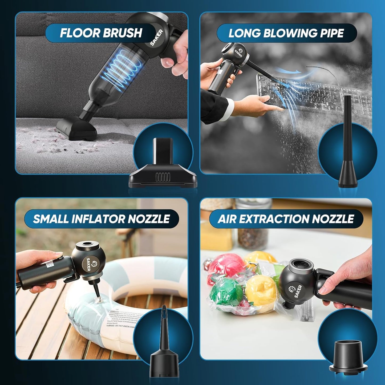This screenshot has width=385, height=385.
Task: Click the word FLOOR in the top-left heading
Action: click(x=79, y=33)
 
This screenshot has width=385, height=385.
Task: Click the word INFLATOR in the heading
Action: click(x=98, y=219)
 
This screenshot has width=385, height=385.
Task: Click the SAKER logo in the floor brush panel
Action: click(x=157, y=38)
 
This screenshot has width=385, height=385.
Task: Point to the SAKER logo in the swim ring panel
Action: click(x=91, y=264)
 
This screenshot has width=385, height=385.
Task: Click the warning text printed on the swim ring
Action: click(x=123, y=318)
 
